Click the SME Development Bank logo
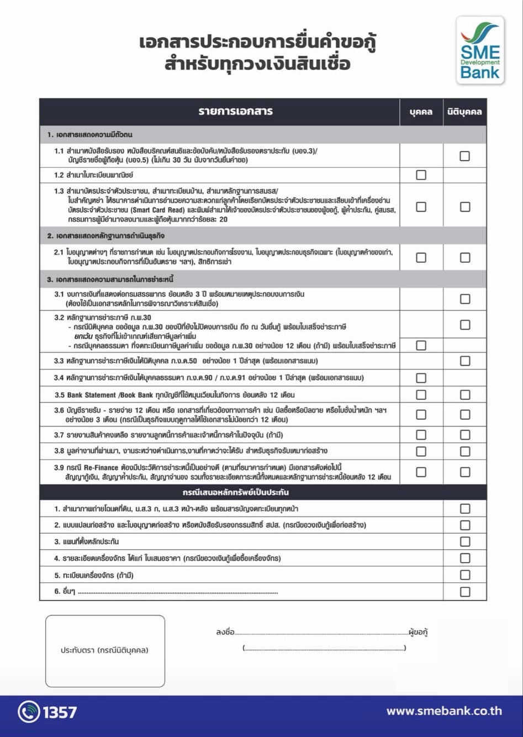(x=480, y=50)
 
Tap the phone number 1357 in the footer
(x=60, y=712)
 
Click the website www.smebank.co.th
(x=444, y=711)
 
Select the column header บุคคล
(x=421, y=112)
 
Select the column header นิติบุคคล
(x=464, y=112)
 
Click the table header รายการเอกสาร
(x=236, y=111)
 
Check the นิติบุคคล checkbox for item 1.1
(x=464, y=156)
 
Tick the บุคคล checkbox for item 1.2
(x=421, y=175)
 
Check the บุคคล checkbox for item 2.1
(x=421, y=257)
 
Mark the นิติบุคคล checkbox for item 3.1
(x=464, y=299)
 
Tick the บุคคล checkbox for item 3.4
(x=421, y=378)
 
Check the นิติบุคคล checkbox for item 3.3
(x=464, y=361)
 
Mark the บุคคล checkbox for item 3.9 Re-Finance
(x=421, y=472)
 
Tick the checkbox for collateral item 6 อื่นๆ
(x=464, y=592)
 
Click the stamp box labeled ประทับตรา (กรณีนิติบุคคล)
(x=105, y=651)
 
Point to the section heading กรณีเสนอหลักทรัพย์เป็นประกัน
(x=236, y=492)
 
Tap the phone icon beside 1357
(x=29, y=712)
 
